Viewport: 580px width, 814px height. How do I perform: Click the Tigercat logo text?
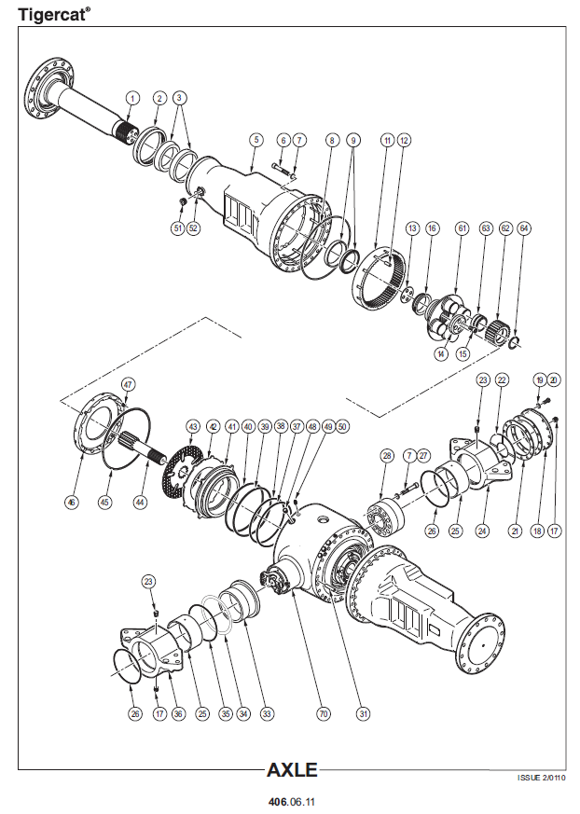click(54, 13)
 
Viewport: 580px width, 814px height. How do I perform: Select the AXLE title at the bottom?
click(292, 770)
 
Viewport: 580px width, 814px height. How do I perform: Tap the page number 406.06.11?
click(292, 801)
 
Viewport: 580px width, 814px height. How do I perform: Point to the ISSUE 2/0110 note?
click(541, 777)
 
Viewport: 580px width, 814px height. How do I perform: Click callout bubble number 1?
click(132, 98)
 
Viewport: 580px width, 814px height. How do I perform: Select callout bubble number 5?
click(255, 140)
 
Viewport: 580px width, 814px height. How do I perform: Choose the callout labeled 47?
click(128, 383)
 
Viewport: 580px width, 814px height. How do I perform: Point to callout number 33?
click(267, 714)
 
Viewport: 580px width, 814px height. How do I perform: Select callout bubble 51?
click(177, 228)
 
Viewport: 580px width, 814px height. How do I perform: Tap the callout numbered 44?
click(140, 502)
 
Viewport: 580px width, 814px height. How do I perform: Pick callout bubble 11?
click(387, 140)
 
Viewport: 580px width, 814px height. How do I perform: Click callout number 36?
click(178, 714)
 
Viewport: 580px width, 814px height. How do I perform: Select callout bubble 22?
click(501, 379)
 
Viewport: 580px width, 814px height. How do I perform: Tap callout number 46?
click(71, 502)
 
